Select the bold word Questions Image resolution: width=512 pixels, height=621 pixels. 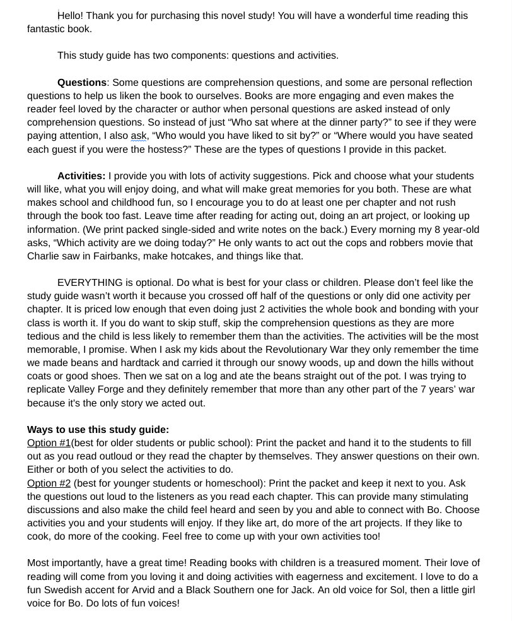(82, 83)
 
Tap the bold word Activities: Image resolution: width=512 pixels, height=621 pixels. (81, 176)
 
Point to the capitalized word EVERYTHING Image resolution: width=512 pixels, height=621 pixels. (90, 283)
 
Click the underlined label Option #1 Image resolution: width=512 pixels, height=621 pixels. (49, 443)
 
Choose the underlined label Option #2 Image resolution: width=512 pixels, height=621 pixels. (49, 483)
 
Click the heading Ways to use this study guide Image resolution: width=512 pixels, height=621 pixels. (98, 430)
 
